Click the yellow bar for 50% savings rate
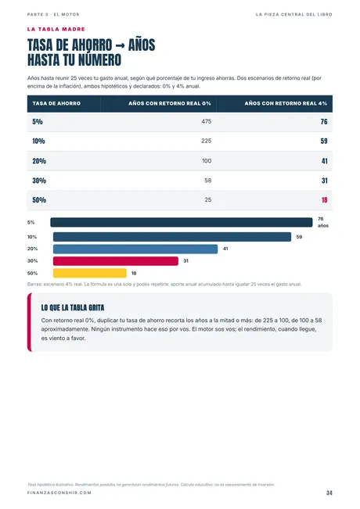point(90,273)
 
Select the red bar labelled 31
point(116,261)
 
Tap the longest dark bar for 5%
point(182,222)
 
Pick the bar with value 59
point(172,237)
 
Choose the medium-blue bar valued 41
point(135,249)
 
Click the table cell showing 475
point(207,121)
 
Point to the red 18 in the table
point(324,200)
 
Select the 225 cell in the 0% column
point(207,141)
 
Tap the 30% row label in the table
point(39,181)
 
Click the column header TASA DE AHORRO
point(56,103)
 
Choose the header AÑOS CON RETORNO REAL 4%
point(286,103)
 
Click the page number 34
point(329,493)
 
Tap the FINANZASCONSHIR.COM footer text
point(59,493)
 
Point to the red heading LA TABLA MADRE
point(56,29)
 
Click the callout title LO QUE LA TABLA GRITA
point(73,307)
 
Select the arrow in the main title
point(121,46)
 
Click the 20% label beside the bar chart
point(33,249)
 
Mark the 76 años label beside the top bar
point(323,222)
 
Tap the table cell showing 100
point(207,161)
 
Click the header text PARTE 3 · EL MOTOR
point(53,15)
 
